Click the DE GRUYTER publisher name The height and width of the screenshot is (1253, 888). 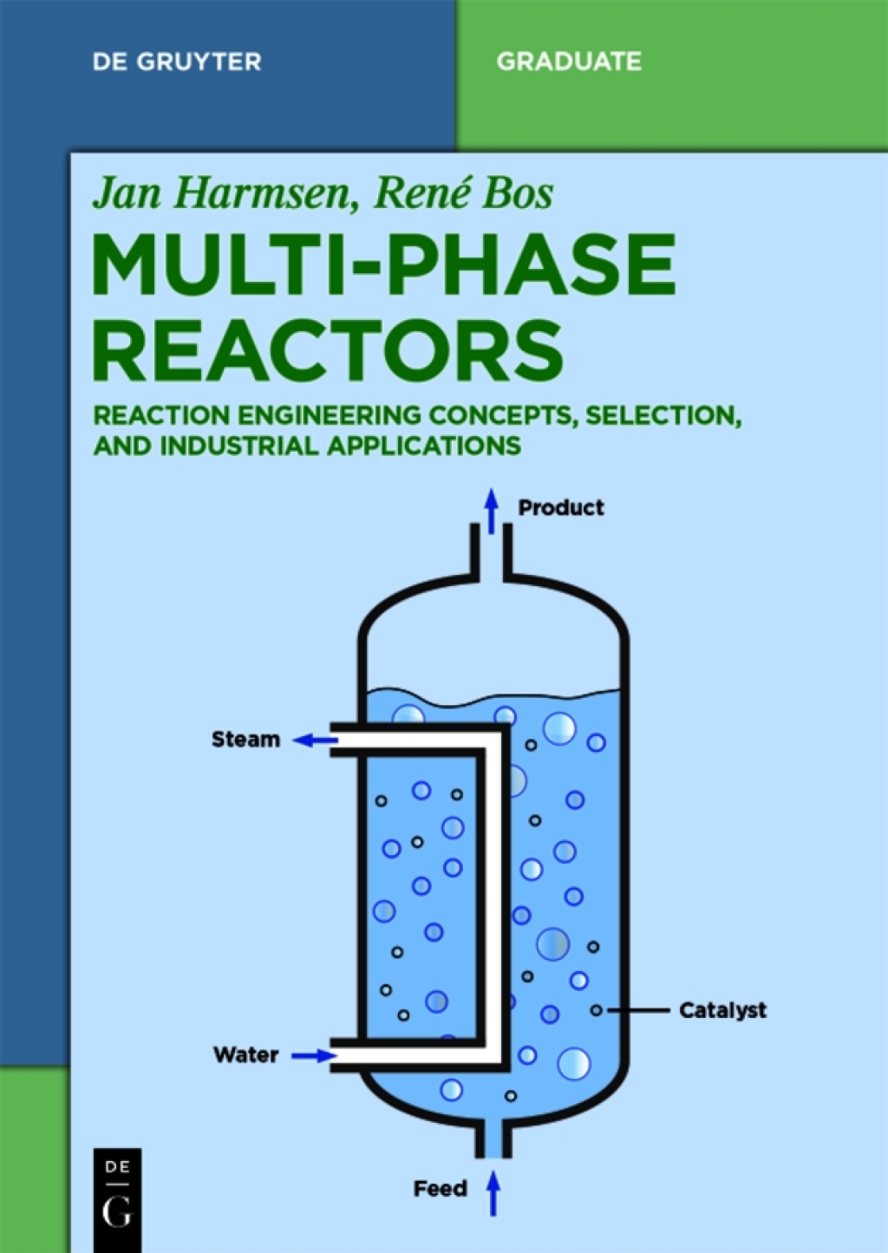[x=176, y=62]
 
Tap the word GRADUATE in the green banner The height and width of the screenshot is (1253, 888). [x=569, y=62]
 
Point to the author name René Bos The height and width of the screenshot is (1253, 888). [x=463, y=192]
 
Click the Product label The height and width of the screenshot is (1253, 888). [x=561, y=507]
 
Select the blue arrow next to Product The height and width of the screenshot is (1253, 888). [x=492, y=511]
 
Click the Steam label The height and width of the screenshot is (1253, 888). [x=246, y=740]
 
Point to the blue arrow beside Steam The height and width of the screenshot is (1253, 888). [x=314, y=741]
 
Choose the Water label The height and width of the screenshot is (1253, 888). [x=246, y=1055]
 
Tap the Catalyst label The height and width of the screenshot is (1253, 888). [x=722, y=1010]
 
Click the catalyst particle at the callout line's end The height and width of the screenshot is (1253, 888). [x=596, y=1010]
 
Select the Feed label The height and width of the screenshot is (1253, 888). [x=440, y=1189]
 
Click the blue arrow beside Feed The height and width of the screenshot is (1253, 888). [x=493, y=1192]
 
